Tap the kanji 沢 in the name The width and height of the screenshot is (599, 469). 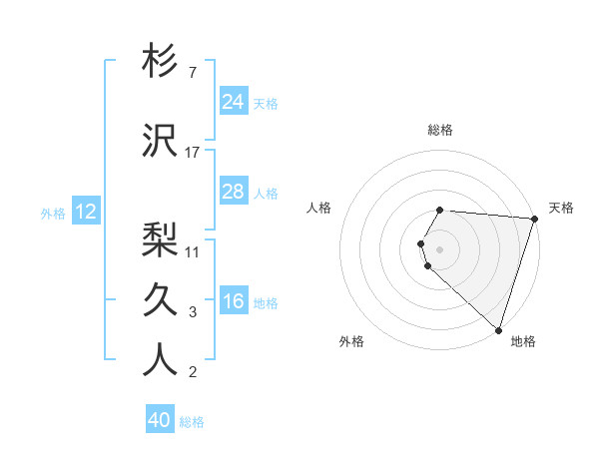pyautogui.click(x=160, y=141)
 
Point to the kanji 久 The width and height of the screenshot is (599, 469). pyautogui.click(x=160, y=296)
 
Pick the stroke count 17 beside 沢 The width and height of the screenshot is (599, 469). pyautogui.click(x=193, y=153)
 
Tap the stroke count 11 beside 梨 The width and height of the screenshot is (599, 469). pyautogui.click(x=193, y=251)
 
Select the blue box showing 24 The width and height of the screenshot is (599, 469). pyautogui.click(x=233, y=102)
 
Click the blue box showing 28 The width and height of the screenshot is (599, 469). pyautogui.click(x=233, y=192)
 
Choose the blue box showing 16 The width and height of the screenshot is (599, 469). pyautogui.click(x=233, y=301)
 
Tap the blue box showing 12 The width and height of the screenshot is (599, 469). pyautogui.click(x=85, y=212)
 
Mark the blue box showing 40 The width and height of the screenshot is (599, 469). pyautogui.click(x=159, y=421)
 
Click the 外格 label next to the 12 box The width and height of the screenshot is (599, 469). pyautogui.click(x=53, y=213)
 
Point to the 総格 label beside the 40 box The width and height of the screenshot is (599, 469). pyautogui.click(x=192, y=422)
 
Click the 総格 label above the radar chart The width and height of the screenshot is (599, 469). pyautogui.click(x=440, y=131)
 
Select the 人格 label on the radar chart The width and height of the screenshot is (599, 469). pyautogui.click(x=318, y=208)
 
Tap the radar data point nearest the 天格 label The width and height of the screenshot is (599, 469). pyautogui.click(x=534, y=220)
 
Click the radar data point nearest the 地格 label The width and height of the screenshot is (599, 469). pyautogui.click(x=499, y=329)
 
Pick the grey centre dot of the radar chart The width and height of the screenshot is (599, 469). pyautogui.click(x=440, y=247)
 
